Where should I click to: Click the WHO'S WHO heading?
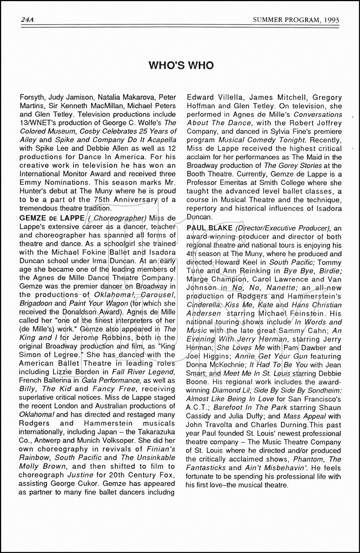181,66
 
